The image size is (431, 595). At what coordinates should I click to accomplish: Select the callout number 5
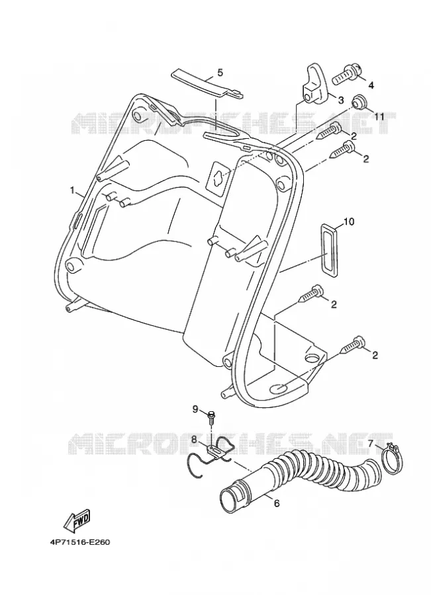[x=220, y=72]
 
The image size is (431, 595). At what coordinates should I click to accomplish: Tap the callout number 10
[x=348, y=221]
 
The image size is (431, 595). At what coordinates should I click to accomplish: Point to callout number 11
[x=380, y=117]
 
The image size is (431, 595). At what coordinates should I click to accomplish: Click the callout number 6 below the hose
[x=277, y=503]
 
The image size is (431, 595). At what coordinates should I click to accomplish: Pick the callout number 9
[x=195, y=409]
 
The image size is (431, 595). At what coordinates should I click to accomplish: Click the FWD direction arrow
[x=77, y=520]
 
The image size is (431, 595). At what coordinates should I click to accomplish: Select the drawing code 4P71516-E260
[x=80, y=542]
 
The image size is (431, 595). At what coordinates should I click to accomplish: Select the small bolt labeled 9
[x=211, y=416]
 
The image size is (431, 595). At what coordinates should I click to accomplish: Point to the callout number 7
[x=371, y=443]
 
